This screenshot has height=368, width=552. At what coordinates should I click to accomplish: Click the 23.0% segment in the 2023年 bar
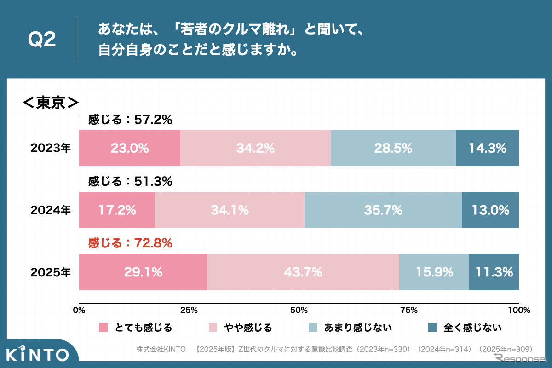(x=130, y=148)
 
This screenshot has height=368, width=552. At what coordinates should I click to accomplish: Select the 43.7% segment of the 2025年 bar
(x=303, y=272)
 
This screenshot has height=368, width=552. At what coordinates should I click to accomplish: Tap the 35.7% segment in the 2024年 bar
(x=383, y=210)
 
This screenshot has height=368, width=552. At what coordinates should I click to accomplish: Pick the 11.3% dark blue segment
(x=494, y=272)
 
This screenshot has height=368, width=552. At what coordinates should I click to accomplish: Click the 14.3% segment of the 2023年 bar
(x=487, y=148)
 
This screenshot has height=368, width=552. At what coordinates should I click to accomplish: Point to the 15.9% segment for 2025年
(x=434, y=272)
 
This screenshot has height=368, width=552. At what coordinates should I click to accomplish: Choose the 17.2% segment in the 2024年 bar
(x=117, y=210)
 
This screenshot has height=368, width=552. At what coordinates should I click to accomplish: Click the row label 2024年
(x=51, y=210)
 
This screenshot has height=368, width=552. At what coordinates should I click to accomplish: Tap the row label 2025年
(x=51, y=272)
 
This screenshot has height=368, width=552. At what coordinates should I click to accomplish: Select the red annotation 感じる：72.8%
(x=130, y=243)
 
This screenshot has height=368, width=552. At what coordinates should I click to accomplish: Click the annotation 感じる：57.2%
(x=130, y=120)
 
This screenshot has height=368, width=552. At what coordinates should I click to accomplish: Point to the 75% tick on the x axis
(x=409, y=310)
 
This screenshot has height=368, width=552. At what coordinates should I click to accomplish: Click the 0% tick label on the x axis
(x=80, y=310)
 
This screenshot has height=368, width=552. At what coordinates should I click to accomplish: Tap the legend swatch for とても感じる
(x=103, y=328)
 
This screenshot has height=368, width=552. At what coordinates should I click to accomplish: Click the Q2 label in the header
(x=42, y=40)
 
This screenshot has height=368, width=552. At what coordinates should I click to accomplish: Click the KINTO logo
(x=38, y=355)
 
